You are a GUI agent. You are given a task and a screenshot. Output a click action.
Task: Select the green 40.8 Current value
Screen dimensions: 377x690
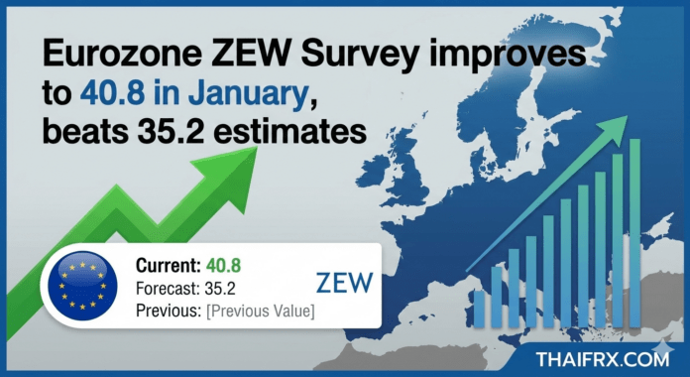[224, 266]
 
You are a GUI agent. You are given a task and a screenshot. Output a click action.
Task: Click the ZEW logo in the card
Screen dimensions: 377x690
[341, 284]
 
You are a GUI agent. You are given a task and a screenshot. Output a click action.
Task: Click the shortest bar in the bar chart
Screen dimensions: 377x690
[481, 309]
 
